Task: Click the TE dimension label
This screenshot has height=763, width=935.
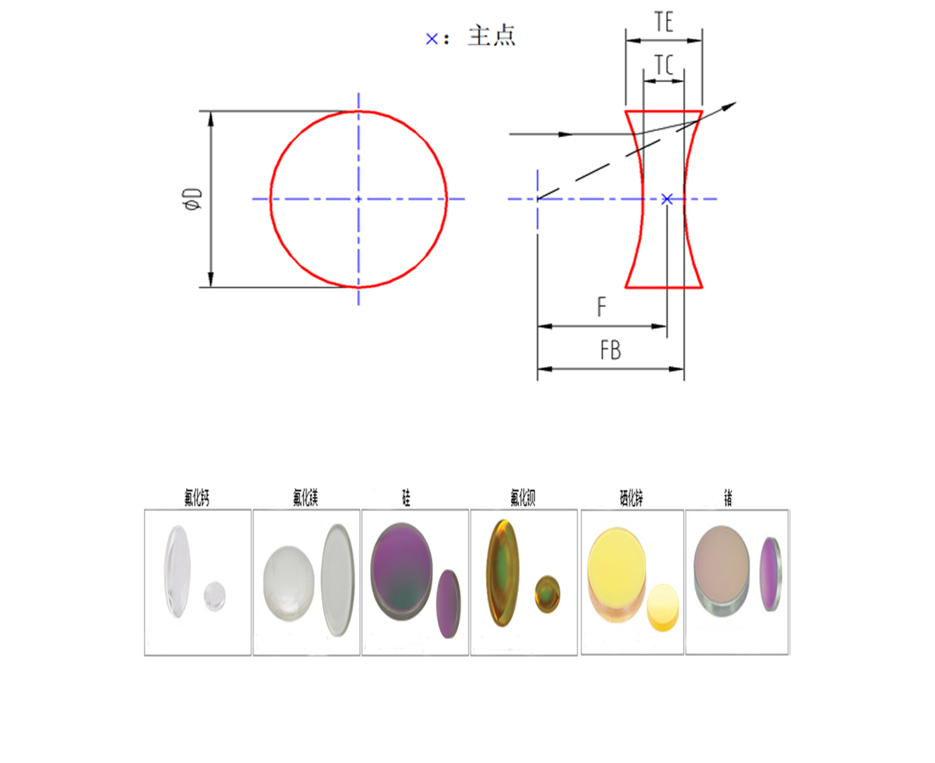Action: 664,22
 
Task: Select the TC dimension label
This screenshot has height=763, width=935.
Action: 664,65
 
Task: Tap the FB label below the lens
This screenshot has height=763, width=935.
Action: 610,351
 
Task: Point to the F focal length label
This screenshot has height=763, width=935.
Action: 602,308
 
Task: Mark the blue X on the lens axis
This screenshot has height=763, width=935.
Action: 667,199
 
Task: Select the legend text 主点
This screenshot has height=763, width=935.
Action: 492,36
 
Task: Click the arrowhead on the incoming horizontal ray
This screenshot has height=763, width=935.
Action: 566,135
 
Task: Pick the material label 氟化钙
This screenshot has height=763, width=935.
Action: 197,499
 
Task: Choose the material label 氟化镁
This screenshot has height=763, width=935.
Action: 305,499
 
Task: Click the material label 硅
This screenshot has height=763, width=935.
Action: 405,499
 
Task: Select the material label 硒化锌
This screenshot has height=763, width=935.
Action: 632,499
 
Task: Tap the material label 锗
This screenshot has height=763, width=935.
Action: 728,499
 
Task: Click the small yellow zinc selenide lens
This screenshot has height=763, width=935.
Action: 662,606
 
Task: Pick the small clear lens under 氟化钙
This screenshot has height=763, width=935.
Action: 214,596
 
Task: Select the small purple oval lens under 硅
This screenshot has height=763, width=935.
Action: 448,603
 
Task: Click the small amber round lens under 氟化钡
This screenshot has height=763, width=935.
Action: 547,594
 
